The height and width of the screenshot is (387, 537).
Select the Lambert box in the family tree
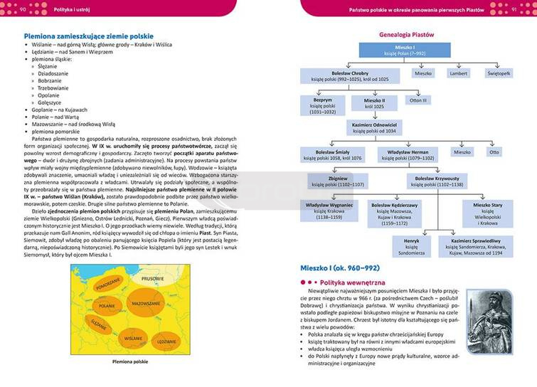click(459, 73)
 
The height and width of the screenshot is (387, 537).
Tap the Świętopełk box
click(498, 73)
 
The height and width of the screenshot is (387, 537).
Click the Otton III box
click(418, 100)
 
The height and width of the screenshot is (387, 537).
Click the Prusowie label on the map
click(153, 278)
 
